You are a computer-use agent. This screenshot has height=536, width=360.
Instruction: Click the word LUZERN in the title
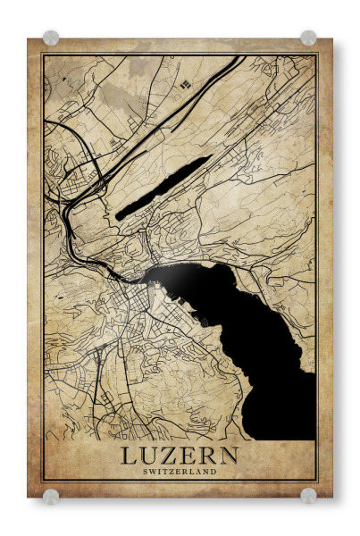[x=180, y=456]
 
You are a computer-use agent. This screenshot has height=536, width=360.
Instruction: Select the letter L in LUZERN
[x=130, y=456]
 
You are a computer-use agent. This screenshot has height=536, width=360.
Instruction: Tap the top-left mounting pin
[x=51, y=38]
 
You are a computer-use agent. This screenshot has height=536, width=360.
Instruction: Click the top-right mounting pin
[x=308, y=38]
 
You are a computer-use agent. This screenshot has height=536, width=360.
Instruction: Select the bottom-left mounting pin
[x=51, y=495]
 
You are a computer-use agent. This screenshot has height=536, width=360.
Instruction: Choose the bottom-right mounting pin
[x=308, y=495]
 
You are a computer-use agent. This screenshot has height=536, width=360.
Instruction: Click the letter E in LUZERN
[x=189, y=456]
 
